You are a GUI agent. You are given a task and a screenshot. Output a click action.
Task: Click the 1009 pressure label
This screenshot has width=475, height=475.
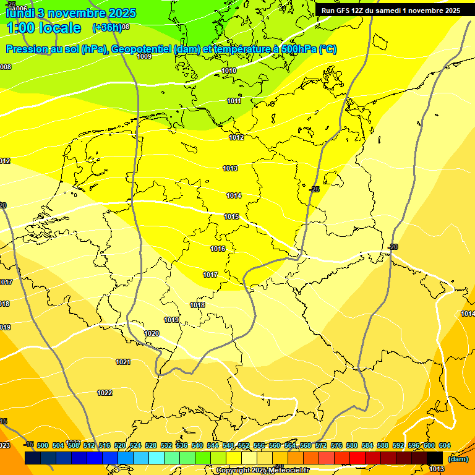[144, 56]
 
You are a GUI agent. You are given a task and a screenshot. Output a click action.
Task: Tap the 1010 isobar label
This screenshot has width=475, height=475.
[229, 71]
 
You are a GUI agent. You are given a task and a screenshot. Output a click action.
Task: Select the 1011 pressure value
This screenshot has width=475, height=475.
[234, 101]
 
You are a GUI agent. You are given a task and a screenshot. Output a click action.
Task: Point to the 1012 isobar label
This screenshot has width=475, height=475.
[236, 137]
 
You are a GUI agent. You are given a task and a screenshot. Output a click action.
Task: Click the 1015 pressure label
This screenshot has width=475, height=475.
[231, 217]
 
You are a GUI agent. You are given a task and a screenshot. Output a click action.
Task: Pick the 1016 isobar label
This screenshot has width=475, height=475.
[218, 249]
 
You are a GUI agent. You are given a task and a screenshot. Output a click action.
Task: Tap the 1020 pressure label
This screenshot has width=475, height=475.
[152, 333]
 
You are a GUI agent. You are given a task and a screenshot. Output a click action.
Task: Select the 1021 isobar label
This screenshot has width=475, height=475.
[123, 362]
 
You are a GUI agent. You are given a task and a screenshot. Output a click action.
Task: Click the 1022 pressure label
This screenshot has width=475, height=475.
[105, 393]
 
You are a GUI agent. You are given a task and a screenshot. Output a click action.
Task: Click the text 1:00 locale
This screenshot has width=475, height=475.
[43, 28]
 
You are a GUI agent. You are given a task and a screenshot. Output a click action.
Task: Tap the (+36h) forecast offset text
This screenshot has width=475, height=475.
[106, 28]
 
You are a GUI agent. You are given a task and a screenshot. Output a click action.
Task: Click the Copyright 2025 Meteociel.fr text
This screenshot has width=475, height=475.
[263, 471]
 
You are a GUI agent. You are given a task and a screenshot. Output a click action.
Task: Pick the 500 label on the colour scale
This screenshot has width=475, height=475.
[43, 445]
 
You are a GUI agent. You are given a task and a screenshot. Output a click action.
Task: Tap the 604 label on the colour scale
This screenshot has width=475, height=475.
[444, 445]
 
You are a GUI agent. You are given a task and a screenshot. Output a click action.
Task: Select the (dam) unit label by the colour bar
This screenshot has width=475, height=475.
[458, 458]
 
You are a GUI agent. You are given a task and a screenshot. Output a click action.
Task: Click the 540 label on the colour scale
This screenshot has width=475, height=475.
[197, 445]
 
